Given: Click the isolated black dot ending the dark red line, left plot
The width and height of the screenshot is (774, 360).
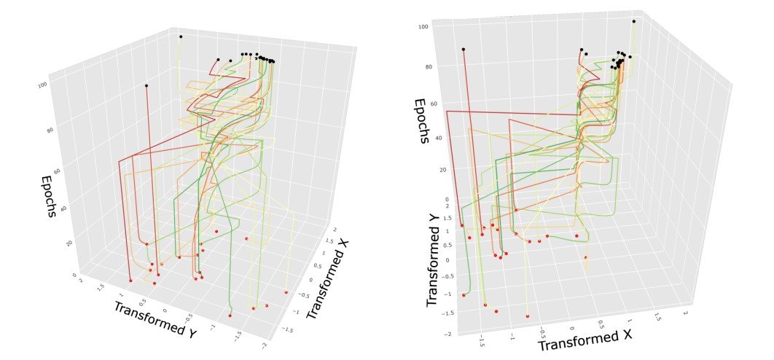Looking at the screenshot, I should click(x=146, y=86).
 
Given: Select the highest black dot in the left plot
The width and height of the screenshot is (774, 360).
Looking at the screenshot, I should click(x=181, y=36).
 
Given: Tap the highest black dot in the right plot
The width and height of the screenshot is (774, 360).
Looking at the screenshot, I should click(x=634, y=21).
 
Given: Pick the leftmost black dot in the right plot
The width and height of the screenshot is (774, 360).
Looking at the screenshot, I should click(x=464, y=50).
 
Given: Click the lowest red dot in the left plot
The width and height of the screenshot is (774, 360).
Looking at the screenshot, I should click(x=230, y=316).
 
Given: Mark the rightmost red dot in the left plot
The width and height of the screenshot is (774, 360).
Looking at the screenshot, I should click(x=286, y=292).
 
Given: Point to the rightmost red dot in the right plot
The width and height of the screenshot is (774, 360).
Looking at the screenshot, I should click(x=586, y=257).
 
